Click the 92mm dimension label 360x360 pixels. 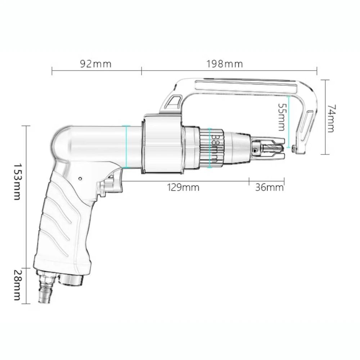click(x=95, y=64)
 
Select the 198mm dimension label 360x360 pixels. click(x=224, y=64)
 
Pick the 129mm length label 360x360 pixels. click(x=183, y=188)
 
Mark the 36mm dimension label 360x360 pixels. click(x=269, y=188)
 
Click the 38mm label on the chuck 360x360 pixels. click(x=215, y=148)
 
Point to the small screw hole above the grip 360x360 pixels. click(x=80, y=178)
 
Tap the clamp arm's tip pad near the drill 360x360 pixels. click(x=295, y=149)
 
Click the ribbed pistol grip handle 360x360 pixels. click(x=61, y=230)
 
